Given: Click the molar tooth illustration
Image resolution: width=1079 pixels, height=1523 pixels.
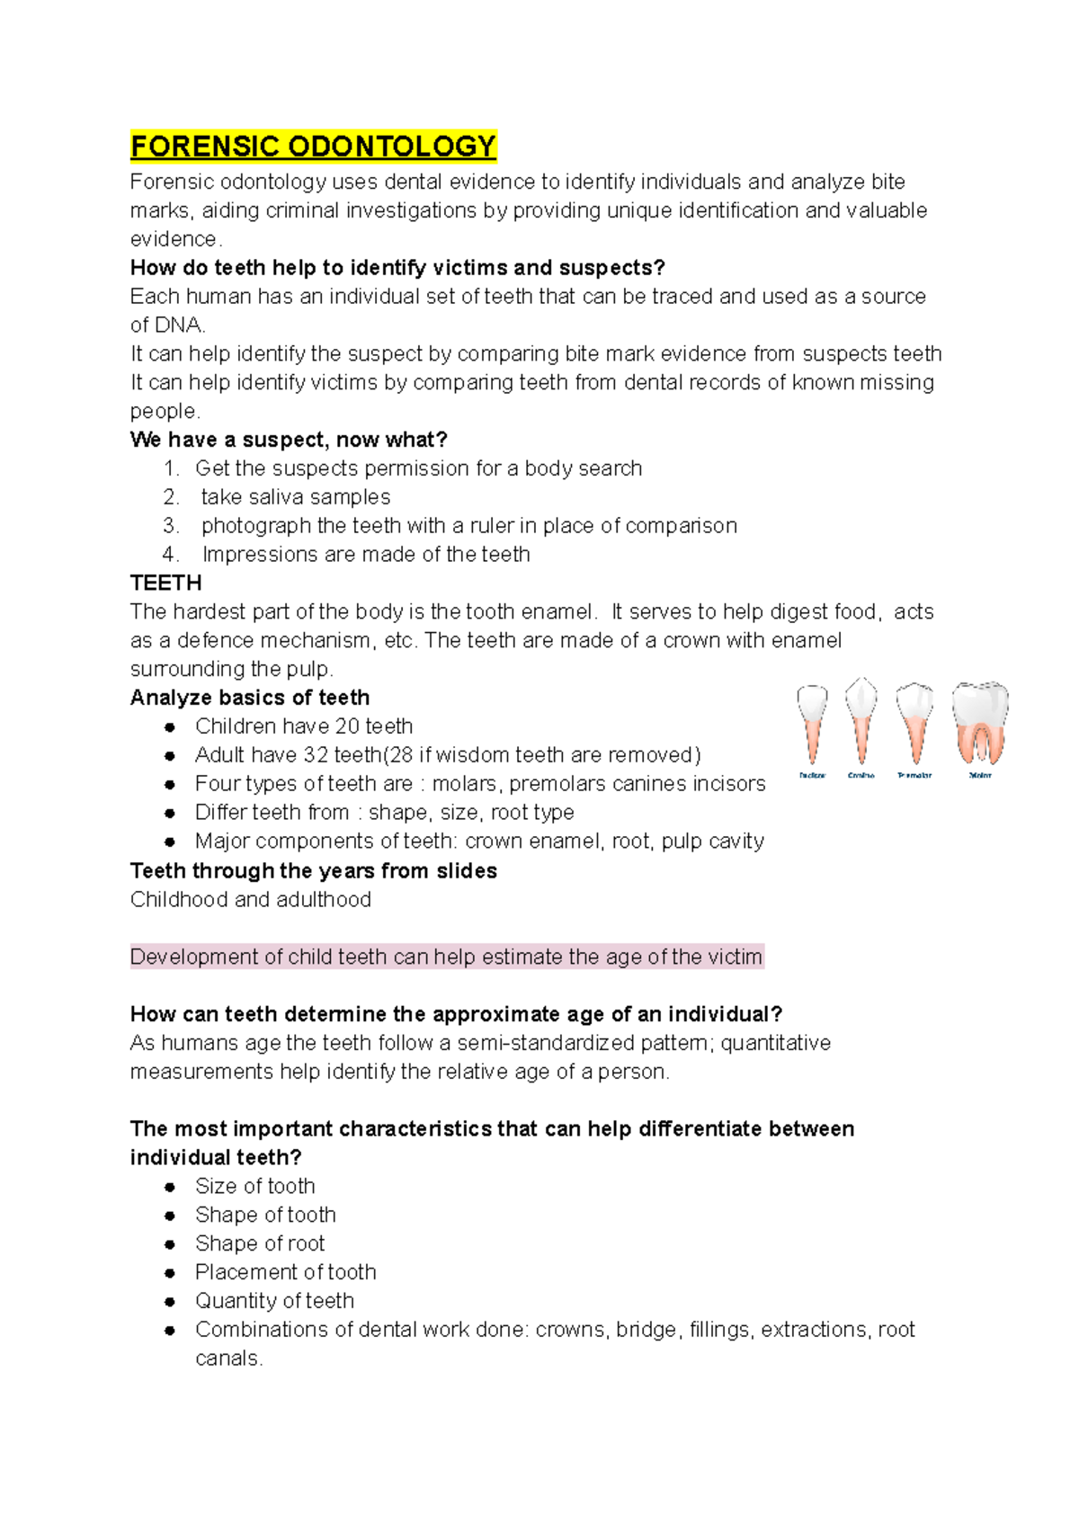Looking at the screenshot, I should coord(980,723).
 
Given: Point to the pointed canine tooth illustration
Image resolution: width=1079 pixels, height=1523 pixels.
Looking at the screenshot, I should coord(861,721).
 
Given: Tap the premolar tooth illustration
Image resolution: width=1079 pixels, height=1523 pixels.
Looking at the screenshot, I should coord(915,723).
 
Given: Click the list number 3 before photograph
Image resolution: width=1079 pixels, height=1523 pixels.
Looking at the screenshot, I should coord(171,526).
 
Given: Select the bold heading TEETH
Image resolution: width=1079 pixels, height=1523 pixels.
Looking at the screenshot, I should coord(165,583).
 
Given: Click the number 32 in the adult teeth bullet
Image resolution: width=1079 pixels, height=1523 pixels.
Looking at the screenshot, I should coord(316,755).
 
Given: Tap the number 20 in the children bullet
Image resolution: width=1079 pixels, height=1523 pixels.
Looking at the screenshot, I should coord(347,726).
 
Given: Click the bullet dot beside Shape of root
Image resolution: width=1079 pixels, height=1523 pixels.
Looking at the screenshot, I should coord(170,1244).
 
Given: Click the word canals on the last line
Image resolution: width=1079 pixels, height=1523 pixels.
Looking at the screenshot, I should coord(227,1358).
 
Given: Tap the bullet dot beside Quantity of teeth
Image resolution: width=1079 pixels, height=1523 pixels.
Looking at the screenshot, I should coord(170,1302).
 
